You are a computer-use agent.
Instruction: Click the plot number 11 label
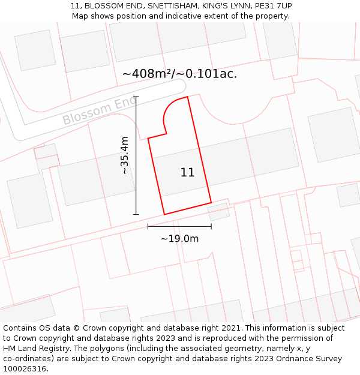click(187, 173)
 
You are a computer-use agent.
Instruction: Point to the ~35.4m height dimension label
click(125, 155)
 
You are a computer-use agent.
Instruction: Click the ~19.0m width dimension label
click(179, 239)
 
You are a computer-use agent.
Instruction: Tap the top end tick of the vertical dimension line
click(136, 97)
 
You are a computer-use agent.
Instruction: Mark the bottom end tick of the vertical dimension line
click(136, 214)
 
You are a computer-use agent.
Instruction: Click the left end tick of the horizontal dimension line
click(148, 226)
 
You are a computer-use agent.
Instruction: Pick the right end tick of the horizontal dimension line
click(211, 226)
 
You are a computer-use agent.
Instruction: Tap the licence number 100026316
click(25, 369)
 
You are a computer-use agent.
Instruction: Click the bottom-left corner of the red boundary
click(164, 214)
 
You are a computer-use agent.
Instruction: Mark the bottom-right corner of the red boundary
click(211, 202)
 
